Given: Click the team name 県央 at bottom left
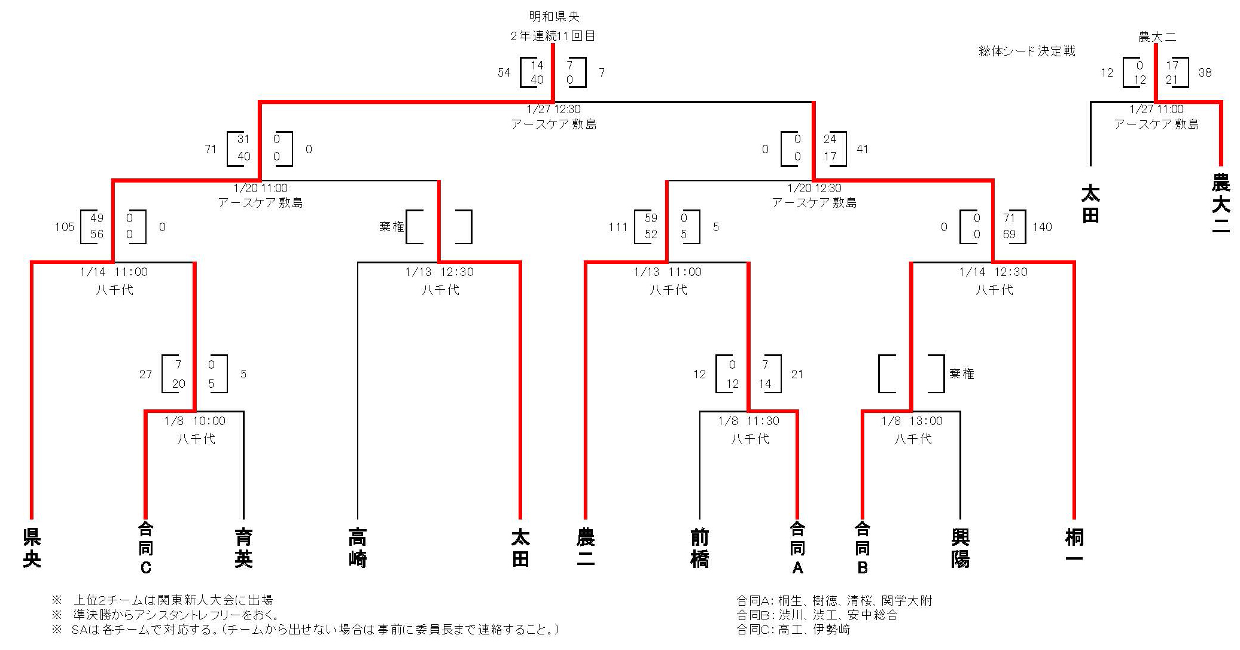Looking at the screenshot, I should pyautogui.click(x=32, y=548).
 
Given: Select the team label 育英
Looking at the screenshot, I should pyautogui.click(x=243, y=548).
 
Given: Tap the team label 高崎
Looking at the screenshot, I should pyautogui.click(x=358, y=548).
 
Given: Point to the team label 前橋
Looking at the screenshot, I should pyautogui.click(x=700, y=548).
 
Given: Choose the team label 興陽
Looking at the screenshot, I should pyautogui.click(x=960, y=548).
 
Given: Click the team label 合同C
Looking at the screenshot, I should pyautogui.click(x=145, y=548).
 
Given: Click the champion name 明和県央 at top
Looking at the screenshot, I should pyautogui.click(x=554, y=17).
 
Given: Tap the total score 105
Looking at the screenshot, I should pyautogui.click(x=65, y=227).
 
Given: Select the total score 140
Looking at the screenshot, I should pyautogui.click(x=1042, y=227).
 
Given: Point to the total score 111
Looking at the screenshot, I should pyautogui.click(x=618, y=227).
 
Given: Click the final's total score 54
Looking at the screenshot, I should pyautogui.click(x=504, y=72).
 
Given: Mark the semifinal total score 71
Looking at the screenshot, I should pyautogui.click(x=211, y=149).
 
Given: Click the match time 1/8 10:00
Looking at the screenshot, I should pyautogui.click(x=195, y=421).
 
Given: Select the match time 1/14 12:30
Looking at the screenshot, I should pyautogui.click(x=993, y=272).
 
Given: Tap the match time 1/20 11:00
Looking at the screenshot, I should pyautogui.click(x=260, y=188).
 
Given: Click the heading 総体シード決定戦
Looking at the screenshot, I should pyautogui.click(x=1026, y=51).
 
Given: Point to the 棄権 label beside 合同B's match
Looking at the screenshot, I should pyautogui.click(x=962, y=373).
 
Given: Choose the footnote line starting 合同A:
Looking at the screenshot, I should pyautogui.click(x=834, y=600).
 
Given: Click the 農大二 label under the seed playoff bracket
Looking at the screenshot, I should pyautogui.click(x=1220, y=202).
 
